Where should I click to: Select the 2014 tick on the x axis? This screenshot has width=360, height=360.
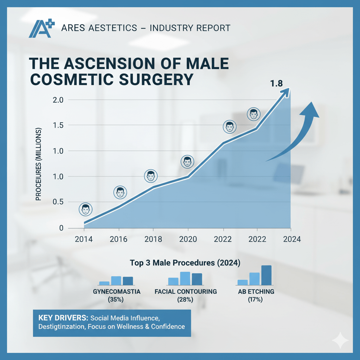pyautogui.click(x=84, y=239)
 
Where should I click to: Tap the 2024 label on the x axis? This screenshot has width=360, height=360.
pyautogui.click(x=292, y=239)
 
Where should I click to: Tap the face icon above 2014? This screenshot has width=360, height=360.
pyautogui.click(x=85, y=210)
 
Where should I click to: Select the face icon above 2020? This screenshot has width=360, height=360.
pyautogui.click(x=187, y=162)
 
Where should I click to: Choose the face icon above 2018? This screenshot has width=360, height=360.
pyautogui.click(x=151, y=176)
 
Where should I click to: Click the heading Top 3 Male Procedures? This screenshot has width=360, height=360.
pyautogui.click(x=185, y=263)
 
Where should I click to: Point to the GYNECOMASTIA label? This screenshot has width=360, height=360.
pyautogui.click(x=117, y=292)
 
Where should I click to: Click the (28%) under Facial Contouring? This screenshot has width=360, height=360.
pyautogui.click(x=186, y=300)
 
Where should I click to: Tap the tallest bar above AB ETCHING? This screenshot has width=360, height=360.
pyautogui.click(x=266, y=275)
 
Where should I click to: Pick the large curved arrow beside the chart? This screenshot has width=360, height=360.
pyautogui.click(x=295, y=134)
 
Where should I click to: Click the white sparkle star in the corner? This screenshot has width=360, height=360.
pyautogui.click(x=340, y=340)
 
